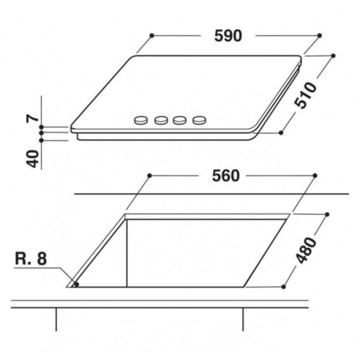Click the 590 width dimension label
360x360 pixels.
click(x=228, y=36)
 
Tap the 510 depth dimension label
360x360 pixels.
click(x=305, y=95)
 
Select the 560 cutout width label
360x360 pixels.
click(x=226, y=176)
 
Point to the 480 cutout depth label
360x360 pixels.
click(x=306, y=251)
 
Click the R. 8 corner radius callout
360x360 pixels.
click(x=31, y=259)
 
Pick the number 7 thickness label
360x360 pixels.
click(x=32, y=118)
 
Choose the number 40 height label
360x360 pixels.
click(x=32, y=158)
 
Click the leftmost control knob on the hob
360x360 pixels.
click(x=141, y=120)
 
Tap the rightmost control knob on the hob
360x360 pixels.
click(x=200, y=120)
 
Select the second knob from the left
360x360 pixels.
click(x=161, y=120)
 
